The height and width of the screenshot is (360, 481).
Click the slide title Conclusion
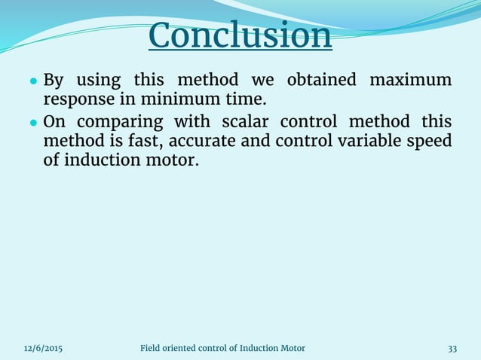click(x=240, y=35)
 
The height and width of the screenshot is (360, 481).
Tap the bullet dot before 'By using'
click(x=34, y=81)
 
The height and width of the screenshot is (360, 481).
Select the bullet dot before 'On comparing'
click(x=34, y=122)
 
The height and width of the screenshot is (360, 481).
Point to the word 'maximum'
click(x=415, y=80)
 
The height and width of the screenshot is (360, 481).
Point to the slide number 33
click(x=452, y=348)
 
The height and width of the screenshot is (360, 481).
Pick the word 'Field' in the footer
click(x=152, y=348)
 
